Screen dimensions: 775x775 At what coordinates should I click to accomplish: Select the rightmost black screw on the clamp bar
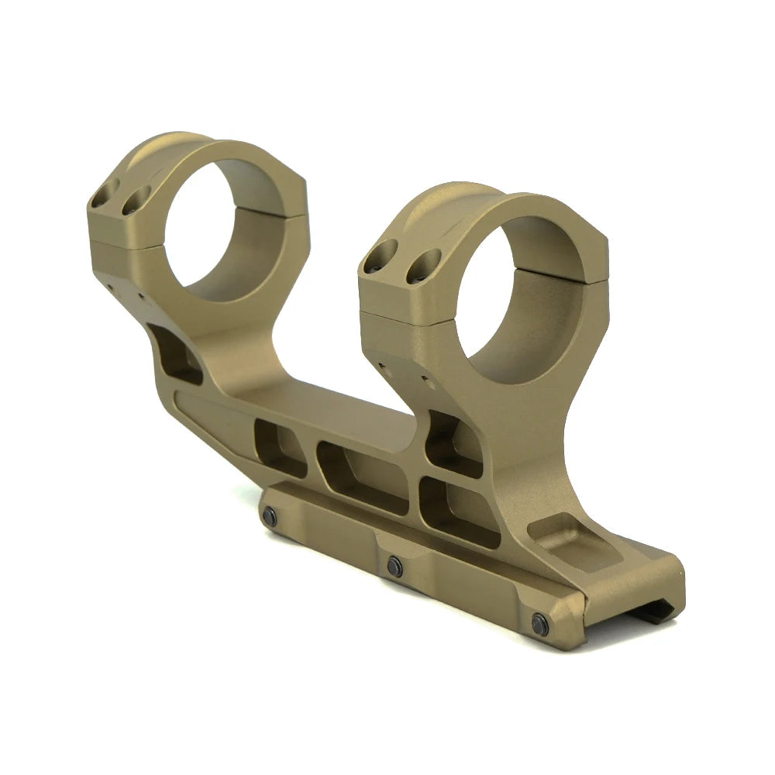click(x=538, y=620)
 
